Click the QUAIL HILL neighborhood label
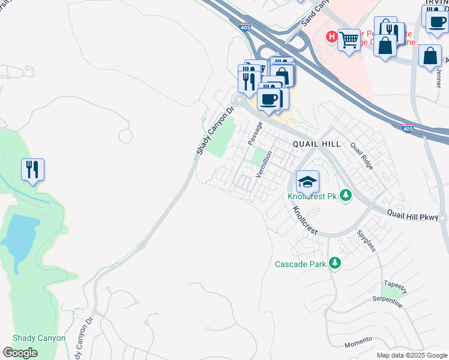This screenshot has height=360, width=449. (316, 144)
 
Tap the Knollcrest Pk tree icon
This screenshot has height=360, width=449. (345, 195)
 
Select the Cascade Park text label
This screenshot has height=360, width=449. (301, 264)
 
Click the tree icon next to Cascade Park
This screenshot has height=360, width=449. (335, 263)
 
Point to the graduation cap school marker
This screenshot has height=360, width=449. (307, 181)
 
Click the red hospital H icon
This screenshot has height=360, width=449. (331, 37)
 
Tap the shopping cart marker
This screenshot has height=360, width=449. (348, 40)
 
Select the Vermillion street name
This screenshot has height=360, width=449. (264, 164)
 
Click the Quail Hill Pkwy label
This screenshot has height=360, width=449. (414, 213)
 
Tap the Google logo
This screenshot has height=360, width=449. (20, 353)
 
